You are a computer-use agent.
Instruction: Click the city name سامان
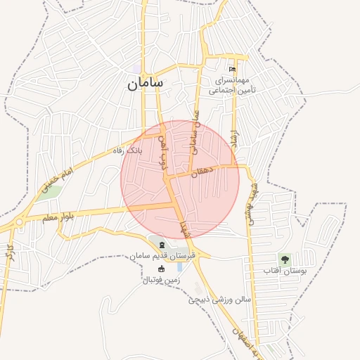click(146, 83)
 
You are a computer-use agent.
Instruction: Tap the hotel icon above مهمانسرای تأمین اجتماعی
click(232, 69)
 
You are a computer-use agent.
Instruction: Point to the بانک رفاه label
click(129, 150)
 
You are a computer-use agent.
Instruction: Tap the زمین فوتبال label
click(162, 280)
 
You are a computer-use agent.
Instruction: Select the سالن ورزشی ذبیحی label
click(219, 300)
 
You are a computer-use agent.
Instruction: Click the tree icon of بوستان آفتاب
click(285, 258)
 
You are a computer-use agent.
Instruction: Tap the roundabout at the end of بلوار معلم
click(19, 222)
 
